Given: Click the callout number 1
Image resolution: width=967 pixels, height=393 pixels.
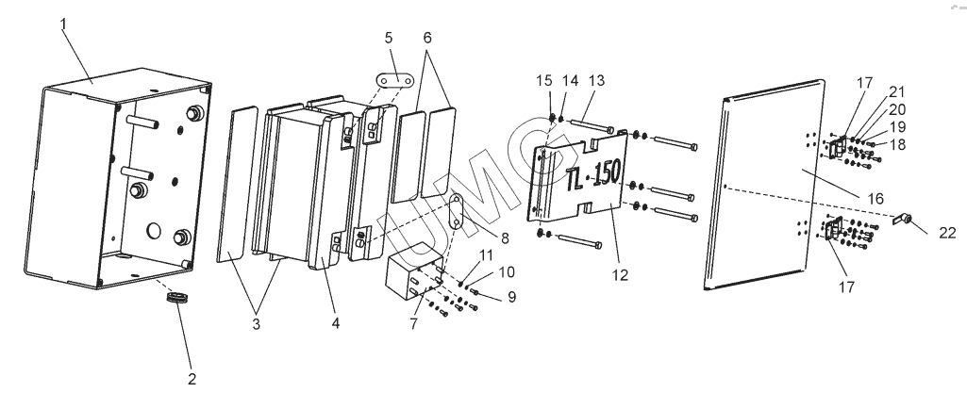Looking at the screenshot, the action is coord(63,25).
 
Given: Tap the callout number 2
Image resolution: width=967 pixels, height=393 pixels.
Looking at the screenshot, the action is coord(192,379).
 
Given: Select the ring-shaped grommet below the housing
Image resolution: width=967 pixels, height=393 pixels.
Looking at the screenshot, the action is coord(177,298).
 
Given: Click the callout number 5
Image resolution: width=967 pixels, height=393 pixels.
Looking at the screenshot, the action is coord(389,38).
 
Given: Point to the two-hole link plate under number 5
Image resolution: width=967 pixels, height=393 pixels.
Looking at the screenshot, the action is coord(394,81).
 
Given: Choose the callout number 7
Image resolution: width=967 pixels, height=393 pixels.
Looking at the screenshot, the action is coord(414,322).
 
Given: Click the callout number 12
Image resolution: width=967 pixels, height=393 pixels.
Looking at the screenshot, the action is coord(621,275).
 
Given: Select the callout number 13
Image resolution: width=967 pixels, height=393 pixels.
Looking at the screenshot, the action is coord(596,81).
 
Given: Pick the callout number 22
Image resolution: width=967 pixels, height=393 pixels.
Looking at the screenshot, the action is coord(947,232).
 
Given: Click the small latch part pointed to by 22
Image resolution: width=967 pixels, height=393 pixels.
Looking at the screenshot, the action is coord(903,218).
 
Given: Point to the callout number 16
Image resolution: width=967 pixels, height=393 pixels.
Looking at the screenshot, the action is coord(875,198).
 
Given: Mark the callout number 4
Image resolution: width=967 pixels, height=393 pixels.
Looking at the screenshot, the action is coord(336,322).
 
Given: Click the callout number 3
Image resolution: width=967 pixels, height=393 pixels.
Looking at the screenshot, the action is coord(257,324).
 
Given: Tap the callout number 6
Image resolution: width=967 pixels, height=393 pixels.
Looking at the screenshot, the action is coord(427,38).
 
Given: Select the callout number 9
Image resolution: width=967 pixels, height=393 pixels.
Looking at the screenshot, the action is coord(511,297).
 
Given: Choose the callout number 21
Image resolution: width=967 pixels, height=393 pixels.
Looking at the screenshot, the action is coord(896,92).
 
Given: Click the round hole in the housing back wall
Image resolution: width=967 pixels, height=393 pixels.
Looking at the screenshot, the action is coord(153,231).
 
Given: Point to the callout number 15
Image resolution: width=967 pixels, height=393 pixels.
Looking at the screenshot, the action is coord(544,81).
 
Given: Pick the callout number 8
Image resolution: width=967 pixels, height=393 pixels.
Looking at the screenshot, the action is coord(505,238).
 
